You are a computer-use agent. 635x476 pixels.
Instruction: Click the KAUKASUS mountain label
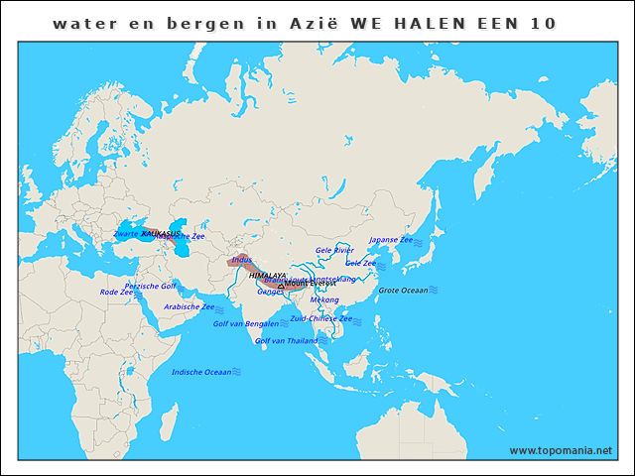pos(161,233)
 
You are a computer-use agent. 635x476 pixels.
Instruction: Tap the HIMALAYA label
pos(267,275)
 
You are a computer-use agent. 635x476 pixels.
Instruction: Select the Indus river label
pos(241,261)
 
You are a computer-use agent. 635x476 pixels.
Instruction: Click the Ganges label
pos(270,292)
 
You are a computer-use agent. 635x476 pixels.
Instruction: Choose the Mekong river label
pos(324,299)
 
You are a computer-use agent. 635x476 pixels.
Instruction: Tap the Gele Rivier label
pos(334,250)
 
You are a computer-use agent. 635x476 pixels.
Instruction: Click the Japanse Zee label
pos(391,240)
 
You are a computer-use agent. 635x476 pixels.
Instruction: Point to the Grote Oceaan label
pos(403,291)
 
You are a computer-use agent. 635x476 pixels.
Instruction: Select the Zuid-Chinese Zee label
pos(320,318)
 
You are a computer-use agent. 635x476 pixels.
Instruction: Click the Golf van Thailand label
pos(287,340)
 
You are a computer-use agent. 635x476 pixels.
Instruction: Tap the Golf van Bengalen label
pos(245,323)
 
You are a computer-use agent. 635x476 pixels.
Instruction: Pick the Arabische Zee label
pos(189,306)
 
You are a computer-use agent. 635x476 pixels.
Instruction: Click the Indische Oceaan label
pos(201,372)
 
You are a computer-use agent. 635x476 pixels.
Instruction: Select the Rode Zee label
pos(116,293)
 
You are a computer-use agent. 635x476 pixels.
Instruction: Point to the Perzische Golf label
pos(150,286)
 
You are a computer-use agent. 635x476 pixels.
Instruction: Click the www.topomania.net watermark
pos(561,450)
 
